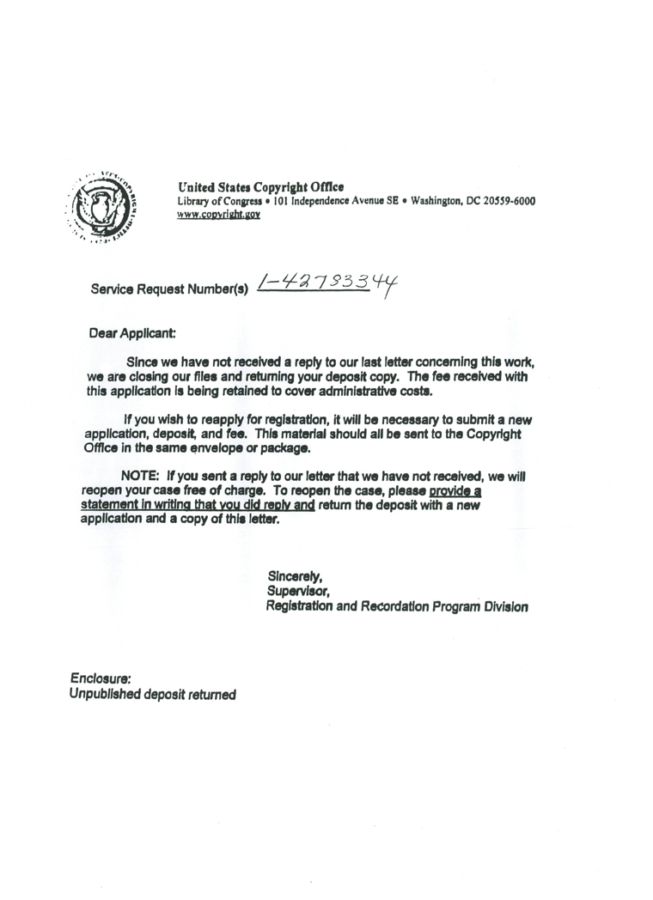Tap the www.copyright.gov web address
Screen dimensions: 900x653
[218, 215]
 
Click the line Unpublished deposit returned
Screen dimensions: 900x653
[152, 694]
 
